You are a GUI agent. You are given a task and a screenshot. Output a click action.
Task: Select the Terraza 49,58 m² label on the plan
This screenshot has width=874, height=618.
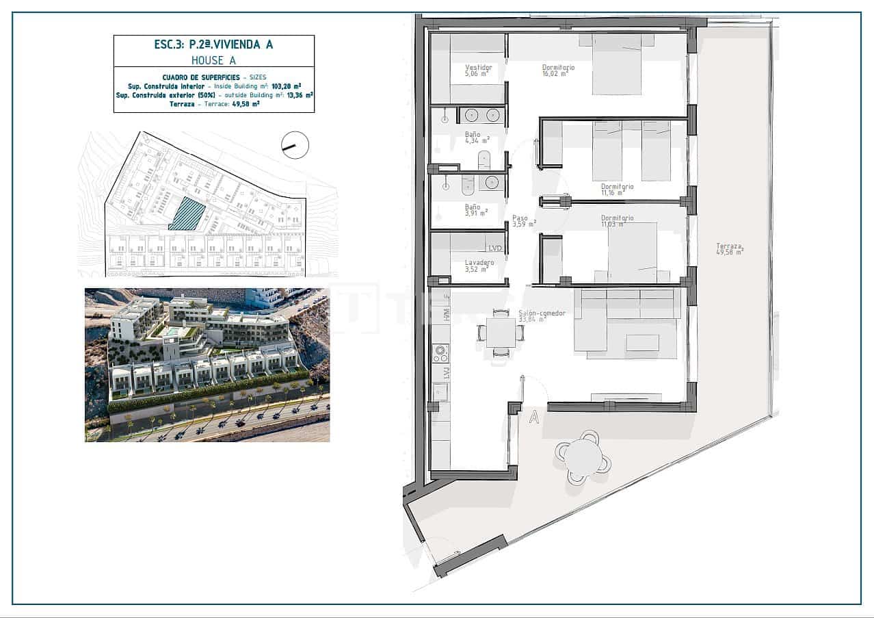(730, 248)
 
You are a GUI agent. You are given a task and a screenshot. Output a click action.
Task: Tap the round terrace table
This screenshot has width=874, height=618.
(582, 456)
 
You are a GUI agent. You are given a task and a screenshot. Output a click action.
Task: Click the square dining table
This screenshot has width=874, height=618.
(501, 333)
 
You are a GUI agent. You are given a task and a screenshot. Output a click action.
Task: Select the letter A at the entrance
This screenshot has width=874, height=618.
(534, 418)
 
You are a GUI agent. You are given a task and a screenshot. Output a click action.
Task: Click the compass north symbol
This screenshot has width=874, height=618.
(295, 145)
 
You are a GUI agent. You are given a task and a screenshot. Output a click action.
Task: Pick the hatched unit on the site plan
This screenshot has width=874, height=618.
(187, 214)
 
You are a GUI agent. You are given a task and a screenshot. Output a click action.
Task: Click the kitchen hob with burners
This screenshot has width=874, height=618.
(440, 353)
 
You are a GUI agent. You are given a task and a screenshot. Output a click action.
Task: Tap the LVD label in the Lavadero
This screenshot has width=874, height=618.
(495, 247)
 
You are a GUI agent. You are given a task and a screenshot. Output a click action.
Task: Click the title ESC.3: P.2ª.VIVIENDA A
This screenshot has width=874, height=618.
(213, 45)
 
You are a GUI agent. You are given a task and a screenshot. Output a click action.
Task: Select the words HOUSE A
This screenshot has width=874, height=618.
(213, 60)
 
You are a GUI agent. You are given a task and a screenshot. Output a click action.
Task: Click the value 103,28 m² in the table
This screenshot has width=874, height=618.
(287, 87)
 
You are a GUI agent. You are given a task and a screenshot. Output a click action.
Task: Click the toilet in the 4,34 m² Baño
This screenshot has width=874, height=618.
(484, 161)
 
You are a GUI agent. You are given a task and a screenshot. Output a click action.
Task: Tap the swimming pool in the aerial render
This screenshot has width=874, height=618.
(174, 332)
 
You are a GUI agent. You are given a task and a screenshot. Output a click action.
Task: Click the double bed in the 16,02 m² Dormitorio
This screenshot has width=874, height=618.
(617, 64)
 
